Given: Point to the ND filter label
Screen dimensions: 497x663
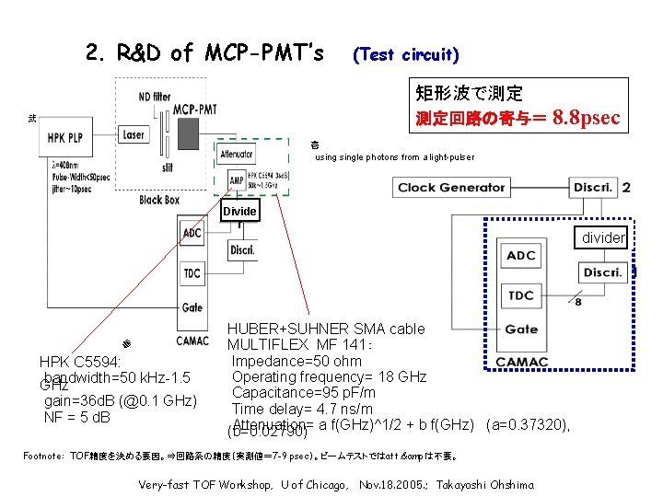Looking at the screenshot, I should tap(154, 95).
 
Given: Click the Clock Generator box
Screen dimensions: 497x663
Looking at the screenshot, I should tap(451, 188).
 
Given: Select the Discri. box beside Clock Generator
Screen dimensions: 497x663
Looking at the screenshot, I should tap(593, 188).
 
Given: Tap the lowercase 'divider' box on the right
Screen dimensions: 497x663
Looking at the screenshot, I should tap(603, 238).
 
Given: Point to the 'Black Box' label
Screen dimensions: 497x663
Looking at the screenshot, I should tap(159, 200).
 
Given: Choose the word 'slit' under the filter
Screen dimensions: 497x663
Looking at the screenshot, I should tap(167, 168).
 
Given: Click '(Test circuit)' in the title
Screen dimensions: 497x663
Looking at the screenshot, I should tap(406, 54).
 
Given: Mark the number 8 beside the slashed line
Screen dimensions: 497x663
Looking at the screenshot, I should tap(577, 302).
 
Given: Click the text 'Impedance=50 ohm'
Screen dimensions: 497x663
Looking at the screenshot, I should tap(297, 361).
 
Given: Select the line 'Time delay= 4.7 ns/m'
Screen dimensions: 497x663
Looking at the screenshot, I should tap(302, 410).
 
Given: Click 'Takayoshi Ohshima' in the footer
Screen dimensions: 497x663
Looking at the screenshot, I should tap(485, 484).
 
